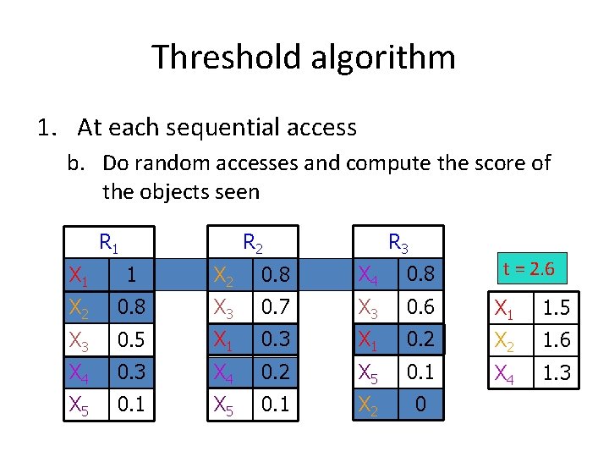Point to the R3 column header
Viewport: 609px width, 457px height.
[x=398, y=243]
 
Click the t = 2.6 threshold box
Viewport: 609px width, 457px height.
[x=528, y=269]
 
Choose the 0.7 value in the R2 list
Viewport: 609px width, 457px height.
[x=275, y=307]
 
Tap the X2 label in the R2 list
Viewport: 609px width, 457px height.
[x=225, y=275]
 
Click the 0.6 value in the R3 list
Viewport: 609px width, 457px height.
[x=420, y=307]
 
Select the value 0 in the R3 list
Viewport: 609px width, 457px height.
[x=420, y=404]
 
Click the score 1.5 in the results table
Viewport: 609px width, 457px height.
[x=556, y=308]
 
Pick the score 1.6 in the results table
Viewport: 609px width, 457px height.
[x=556, y=339]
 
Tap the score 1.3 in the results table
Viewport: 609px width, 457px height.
[x=556, y=372]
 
